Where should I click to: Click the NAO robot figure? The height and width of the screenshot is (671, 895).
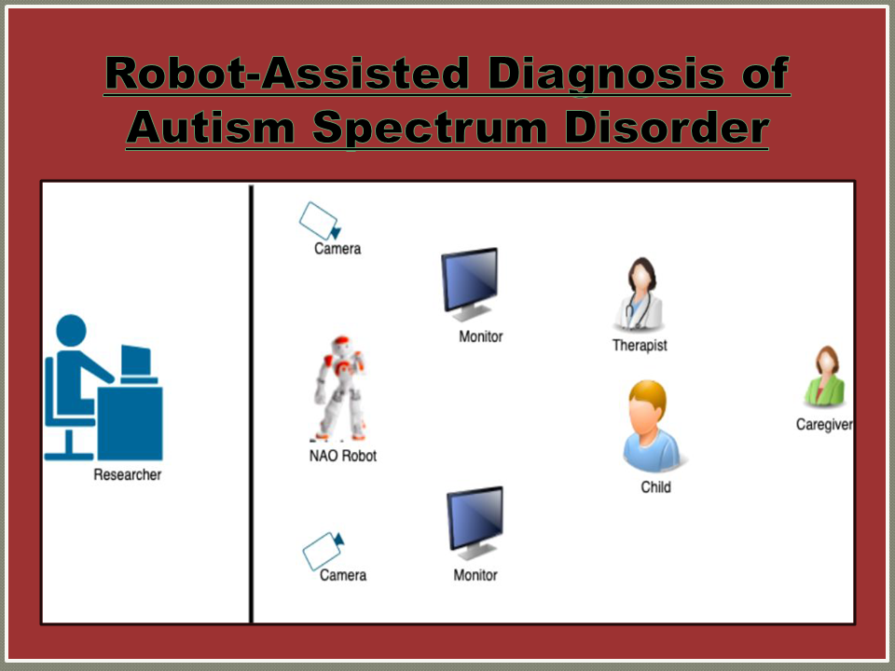point(341,388)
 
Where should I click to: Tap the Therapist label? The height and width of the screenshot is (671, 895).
point(640,345)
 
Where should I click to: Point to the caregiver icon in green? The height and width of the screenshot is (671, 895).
point(825,377)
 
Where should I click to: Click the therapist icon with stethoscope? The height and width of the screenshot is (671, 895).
point(640,295)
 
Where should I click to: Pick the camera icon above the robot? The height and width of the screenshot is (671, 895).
point(320,221)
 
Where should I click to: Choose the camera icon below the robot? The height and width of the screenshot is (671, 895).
point(324,551)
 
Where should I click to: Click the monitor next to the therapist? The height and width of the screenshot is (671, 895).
point(470,284)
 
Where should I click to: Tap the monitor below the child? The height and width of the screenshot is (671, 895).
point(475,523)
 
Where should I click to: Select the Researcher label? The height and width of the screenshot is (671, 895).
point(128,474)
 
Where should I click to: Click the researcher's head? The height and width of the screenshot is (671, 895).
point(72,330)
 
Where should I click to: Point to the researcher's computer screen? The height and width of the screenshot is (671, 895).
point(136,360)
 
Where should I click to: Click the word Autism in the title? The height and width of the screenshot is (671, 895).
point(211,128)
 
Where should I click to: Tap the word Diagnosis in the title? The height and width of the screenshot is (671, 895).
point(606,75)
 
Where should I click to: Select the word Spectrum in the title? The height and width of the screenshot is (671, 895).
point(430,129)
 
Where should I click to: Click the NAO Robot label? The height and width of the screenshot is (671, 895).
point(342,456)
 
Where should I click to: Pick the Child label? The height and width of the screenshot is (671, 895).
point(655,487)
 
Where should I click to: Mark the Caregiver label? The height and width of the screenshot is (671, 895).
point(824,425)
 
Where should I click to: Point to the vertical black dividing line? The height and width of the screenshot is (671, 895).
point(251,404)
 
